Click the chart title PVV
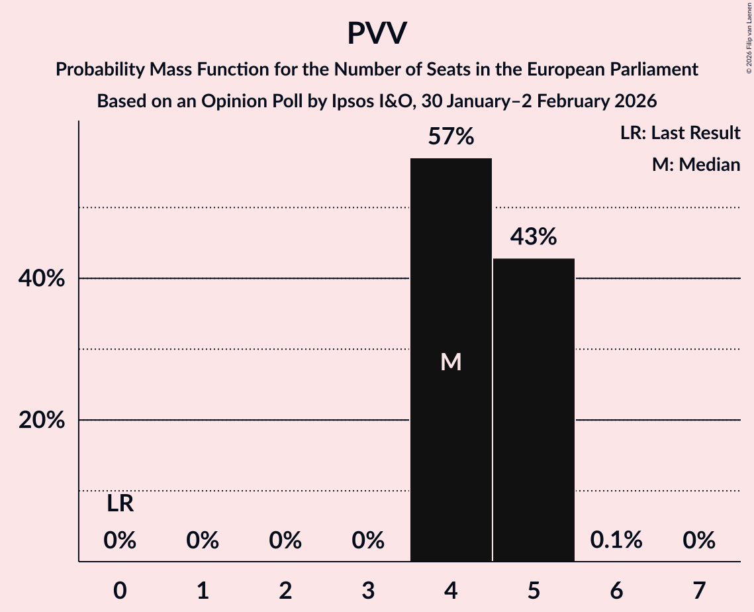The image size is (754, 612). pyautogui.click(x=377, y=34)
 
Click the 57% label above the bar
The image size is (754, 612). pyautogui.click(x=451, y=137)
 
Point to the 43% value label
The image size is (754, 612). pyautogui.click(x=534, y=237)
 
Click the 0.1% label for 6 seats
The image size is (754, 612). pyautogui.click(x=616, y=540)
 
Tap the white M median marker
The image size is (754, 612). pyautogui.click(x=451, y=362)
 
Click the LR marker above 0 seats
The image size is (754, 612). pyautogui.click(x=120, y=505)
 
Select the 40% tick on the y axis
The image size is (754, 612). pyautogui.click(x=42, y=280)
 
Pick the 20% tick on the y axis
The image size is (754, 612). pyautogui.click(x=42, y=421)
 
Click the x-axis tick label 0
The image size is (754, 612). pyautogui.click(x=120, y=590)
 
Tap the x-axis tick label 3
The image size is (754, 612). pyautogui.click(x=368, y=590)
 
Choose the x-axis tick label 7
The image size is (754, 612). pyautogui.click(x=699, y=590)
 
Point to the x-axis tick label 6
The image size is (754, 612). pyautogui.click(x=616, y=590)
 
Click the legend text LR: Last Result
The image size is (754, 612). pyautogui.click(x=680, y=133)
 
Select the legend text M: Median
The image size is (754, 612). pyautogui.click(x=696, y=164)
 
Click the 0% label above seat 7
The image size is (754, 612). pyautogui.click(x=699, y=540)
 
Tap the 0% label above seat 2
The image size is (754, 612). pyautogui.click(x=285, y=540)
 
